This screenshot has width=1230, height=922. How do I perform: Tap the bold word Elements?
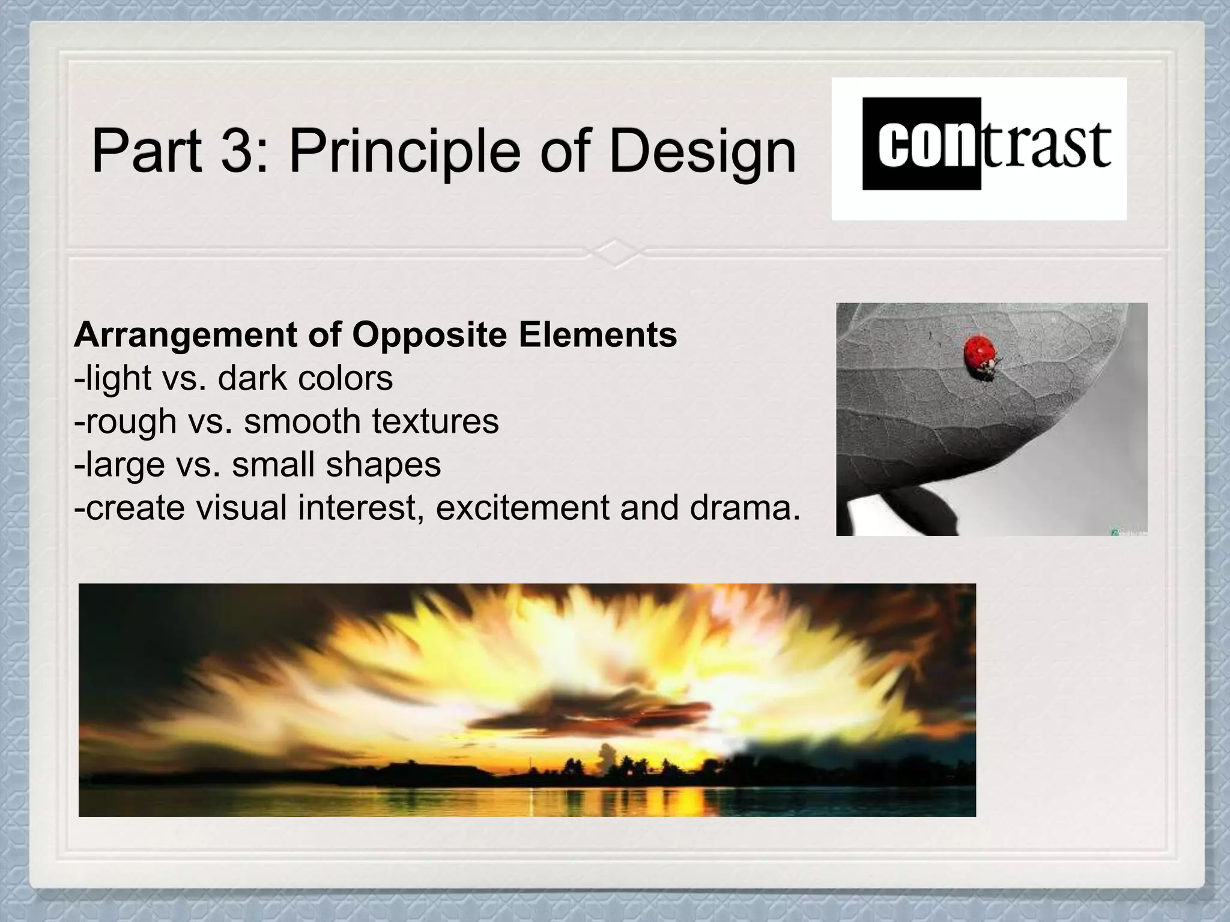598,334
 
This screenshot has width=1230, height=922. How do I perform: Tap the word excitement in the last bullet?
523,508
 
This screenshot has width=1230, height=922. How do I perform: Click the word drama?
745,508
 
